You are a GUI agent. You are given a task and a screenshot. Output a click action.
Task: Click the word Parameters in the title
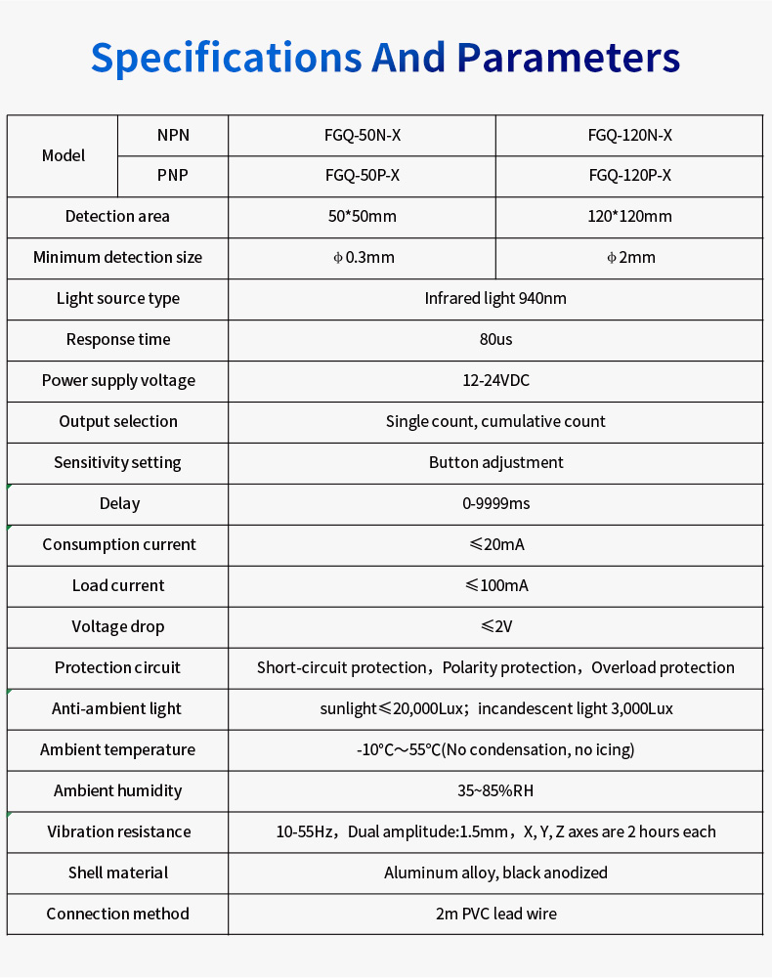tap(568, 59)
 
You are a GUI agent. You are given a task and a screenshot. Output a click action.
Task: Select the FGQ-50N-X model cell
tap(363, 136)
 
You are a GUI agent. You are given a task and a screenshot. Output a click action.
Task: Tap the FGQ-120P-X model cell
tap(629, 177)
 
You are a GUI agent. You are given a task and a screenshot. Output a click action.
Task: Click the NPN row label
tap(173, 136)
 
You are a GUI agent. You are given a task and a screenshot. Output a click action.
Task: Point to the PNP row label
tap(173, 177)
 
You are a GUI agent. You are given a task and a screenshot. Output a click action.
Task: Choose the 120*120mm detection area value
tap(629, 217)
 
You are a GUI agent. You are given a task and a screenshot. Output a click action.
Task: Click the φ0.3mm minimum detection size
tap(363, 258)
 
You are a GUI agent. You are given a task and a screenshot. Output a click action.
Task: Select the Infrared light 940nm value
tap(495, 299)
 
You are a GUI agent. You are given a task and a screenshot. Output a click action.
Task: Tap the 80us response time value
tap(495, 340)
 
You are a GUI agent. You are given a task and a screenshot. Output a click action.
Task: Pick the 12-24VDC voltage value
tap(495, 381)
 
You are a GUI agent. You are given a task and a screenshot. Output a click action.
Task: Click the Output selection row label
tap(118, 422)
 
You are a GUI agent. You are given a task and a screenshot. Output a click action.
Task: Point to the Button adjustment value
tap(495, 463)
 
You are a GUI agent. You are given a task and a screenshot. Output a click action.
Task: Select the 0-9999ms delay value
tap(495, 504)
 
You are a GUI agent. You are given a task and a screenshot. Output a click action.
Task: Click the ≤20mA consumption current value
tap(495, 545)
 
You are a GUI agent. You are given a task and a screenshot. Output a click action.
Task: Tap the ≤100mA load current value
tap(495, 586)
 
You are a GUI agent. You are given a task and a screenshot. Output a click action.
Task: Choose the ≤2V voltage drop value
tap(495, 627)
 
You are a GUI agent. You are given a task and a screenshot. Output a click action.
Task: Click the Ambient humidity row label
tap(118, 791)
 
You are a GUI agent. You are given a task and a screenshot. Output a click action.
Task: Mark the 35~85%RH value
tap(495, 791)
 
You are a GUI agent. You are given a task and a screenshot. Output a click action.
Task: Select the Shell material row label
tap(118, 873)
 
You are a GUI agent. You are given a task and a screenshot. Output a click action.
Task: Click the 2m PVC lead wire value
tap(495, 915)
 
